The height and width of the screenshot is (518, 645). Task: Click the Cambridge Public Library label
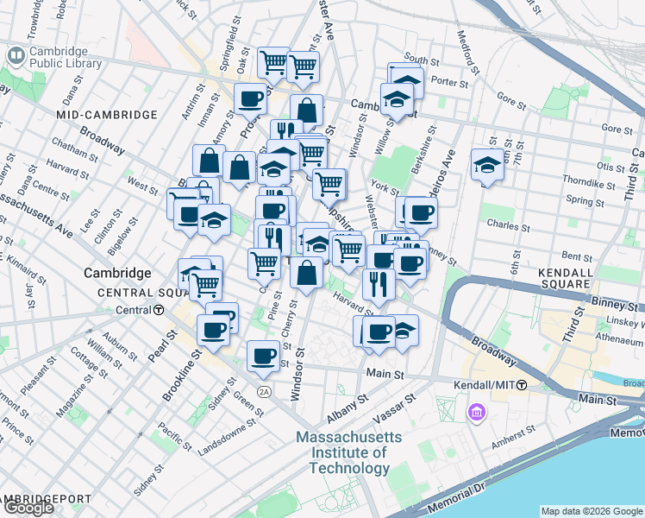click(x=65, y=57)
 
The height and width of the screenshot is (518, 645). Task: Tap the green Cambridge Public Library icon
click(x=16, y=56)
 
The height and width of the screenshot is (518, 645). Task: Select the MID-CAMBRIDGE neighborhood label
click(x=107, y=115)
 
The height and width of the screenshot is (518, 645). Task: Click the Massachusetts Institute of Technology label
click(x=349, y=452)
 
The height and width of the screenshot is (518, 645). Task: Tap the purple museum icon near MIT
click(x=475, y=414)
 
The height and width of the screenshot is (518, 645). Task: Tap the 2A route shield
click(x=264, y=392)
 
